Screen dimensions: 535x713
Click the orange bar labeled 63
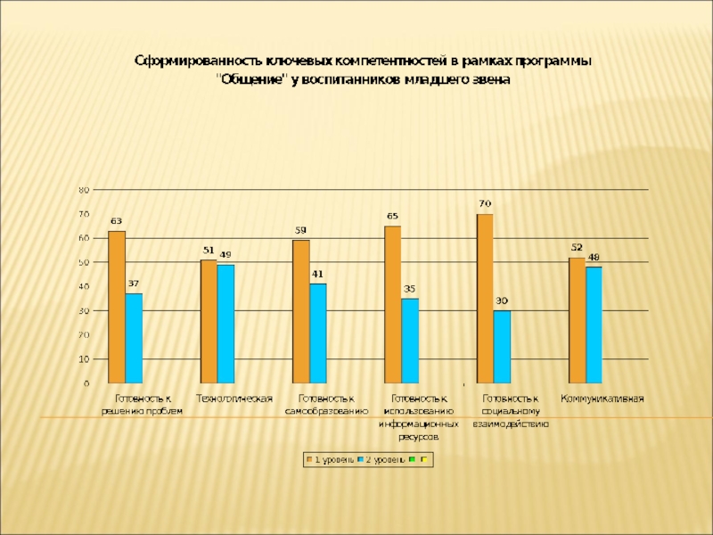tap(116, 307)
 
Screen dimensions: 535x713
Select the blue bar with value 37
tap(134, 338)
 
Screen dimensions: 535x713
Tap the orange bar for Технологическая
tap(209, 321)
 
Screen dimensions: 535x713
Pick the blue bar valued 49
tap(225, 324)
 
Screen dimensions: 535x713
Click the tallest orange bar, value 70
tap(485, 299)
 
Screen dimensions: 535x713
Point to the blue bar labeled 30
tap(502, 347)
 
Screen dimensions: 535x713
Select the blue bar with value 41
tap(318, 333)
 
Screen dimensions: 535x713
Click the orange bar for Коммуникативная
tap(577, 320)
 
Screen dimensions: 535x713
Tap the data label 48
tap(594, 257)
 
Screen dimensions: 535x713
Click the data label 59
tap(301, 230)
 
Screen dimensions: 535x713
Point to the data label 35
tap(410, 289)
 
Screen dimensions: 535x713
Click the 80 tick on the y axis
tap(85, 190)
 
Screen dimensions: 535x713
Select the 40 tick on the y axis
tap(85, 286)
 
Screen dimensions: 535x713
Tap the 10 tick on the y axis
tap(85, 358)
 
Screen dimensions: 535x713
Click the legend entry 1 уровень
tap(331, 460)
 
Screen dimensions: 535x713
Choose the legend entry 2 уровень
tap(381, 460)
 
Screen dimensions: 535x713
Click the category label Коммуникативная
tap(602, 398)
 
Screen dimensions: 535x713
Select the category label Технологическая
tap(234, 398)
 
